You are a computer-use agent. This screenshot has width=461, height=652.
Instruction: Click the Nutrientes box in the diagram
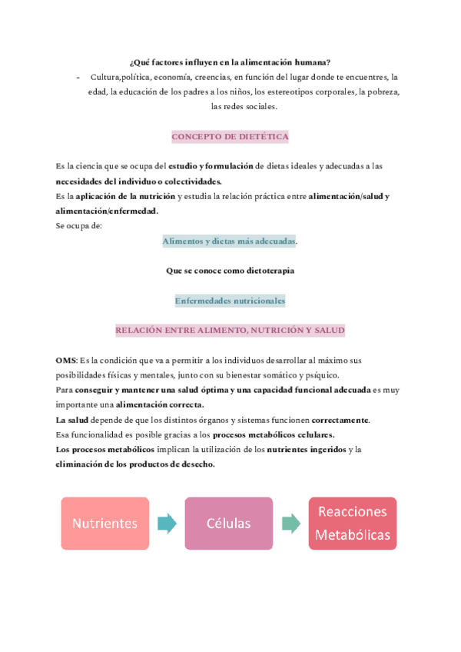[105, 524]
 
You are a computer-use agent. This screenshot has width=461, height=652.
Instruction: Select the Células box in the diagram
[228, 524]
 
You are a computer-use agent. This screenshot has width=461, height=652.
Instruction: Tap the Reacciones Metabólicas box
[353, 524]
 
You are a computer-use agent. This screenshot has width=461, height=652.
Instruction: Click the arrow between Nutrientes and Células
[167, 524]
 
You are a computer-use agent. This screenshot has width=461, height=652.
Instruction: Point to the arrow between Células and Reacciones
[291, 524]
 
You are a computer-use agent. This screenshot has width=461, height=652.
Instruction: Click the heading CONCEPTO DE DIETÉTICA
[230, 137]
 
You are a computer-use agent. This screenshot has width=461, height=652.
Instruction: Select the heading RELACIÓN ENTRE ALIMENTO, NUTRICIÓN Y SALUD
[230, 330]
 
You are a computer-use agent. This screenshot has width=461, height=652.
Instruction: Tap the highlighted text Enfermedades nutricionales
[230, 301]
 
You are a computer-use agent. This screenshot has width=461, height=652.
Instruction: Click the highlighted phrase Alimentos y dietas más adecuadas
[229, 241]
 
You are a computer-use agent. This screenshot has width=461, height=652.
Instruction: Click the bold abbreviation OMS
[65, 361]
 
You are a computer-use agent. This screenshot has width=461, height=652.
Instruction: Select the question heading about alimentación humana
[230, 62]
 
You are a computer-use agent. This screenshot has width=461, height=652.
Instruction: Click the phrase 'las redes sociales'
[244, 108]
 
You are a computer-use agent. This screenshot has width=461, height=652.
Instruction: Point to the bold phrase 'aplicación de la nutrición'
[125, 197]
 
